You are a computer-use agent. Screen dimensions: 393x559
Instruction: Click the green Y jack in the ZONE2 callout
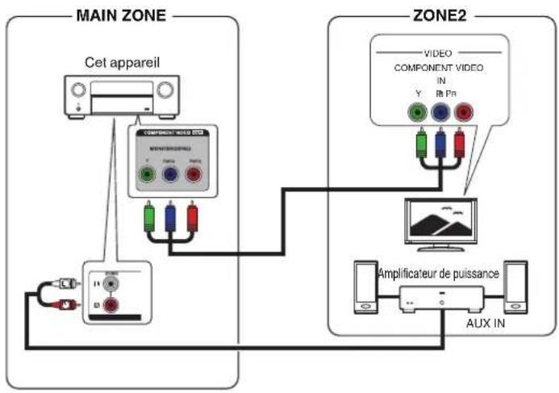(417, 113)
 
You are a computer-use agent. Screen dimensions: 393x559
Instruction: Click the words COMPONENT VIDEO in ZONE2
(439, 68)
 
